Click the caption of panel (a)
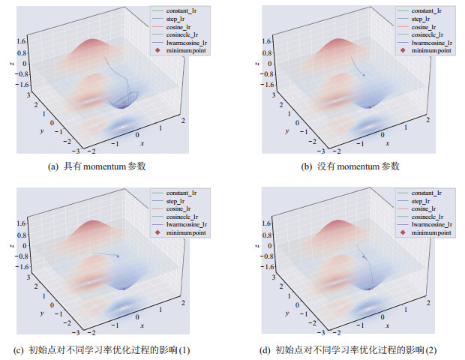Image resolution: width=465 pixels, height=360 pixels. point(106,166)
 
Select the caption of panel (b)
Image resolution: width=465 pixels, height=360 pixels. point(350,166)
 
